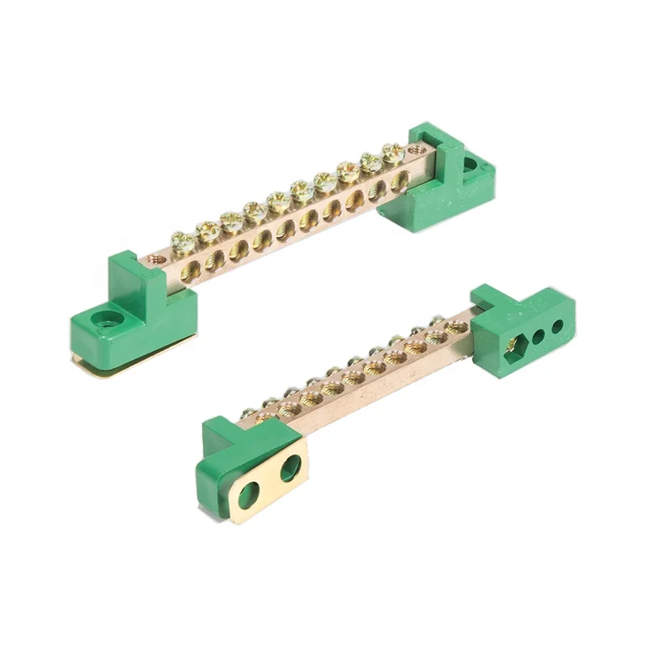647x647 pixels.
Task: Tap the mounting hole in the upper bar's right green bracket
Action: [x=469, y=166]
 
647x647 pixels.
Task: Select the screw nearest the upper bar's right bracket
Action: [x=394, y=151]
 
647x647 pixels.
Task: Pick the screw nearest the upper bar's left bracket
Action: [x=184, y=241]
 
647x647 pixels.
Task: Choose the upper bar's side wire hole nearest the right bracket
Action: [x=399, y=183]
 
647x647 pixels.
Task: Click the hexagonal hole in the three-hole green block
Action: [x=511, y=346]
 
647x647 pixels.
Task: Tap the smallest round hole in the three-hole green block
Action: [x=557, y=327]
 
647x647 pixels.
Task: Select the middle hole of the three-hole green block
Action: [x=536, y=336]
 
